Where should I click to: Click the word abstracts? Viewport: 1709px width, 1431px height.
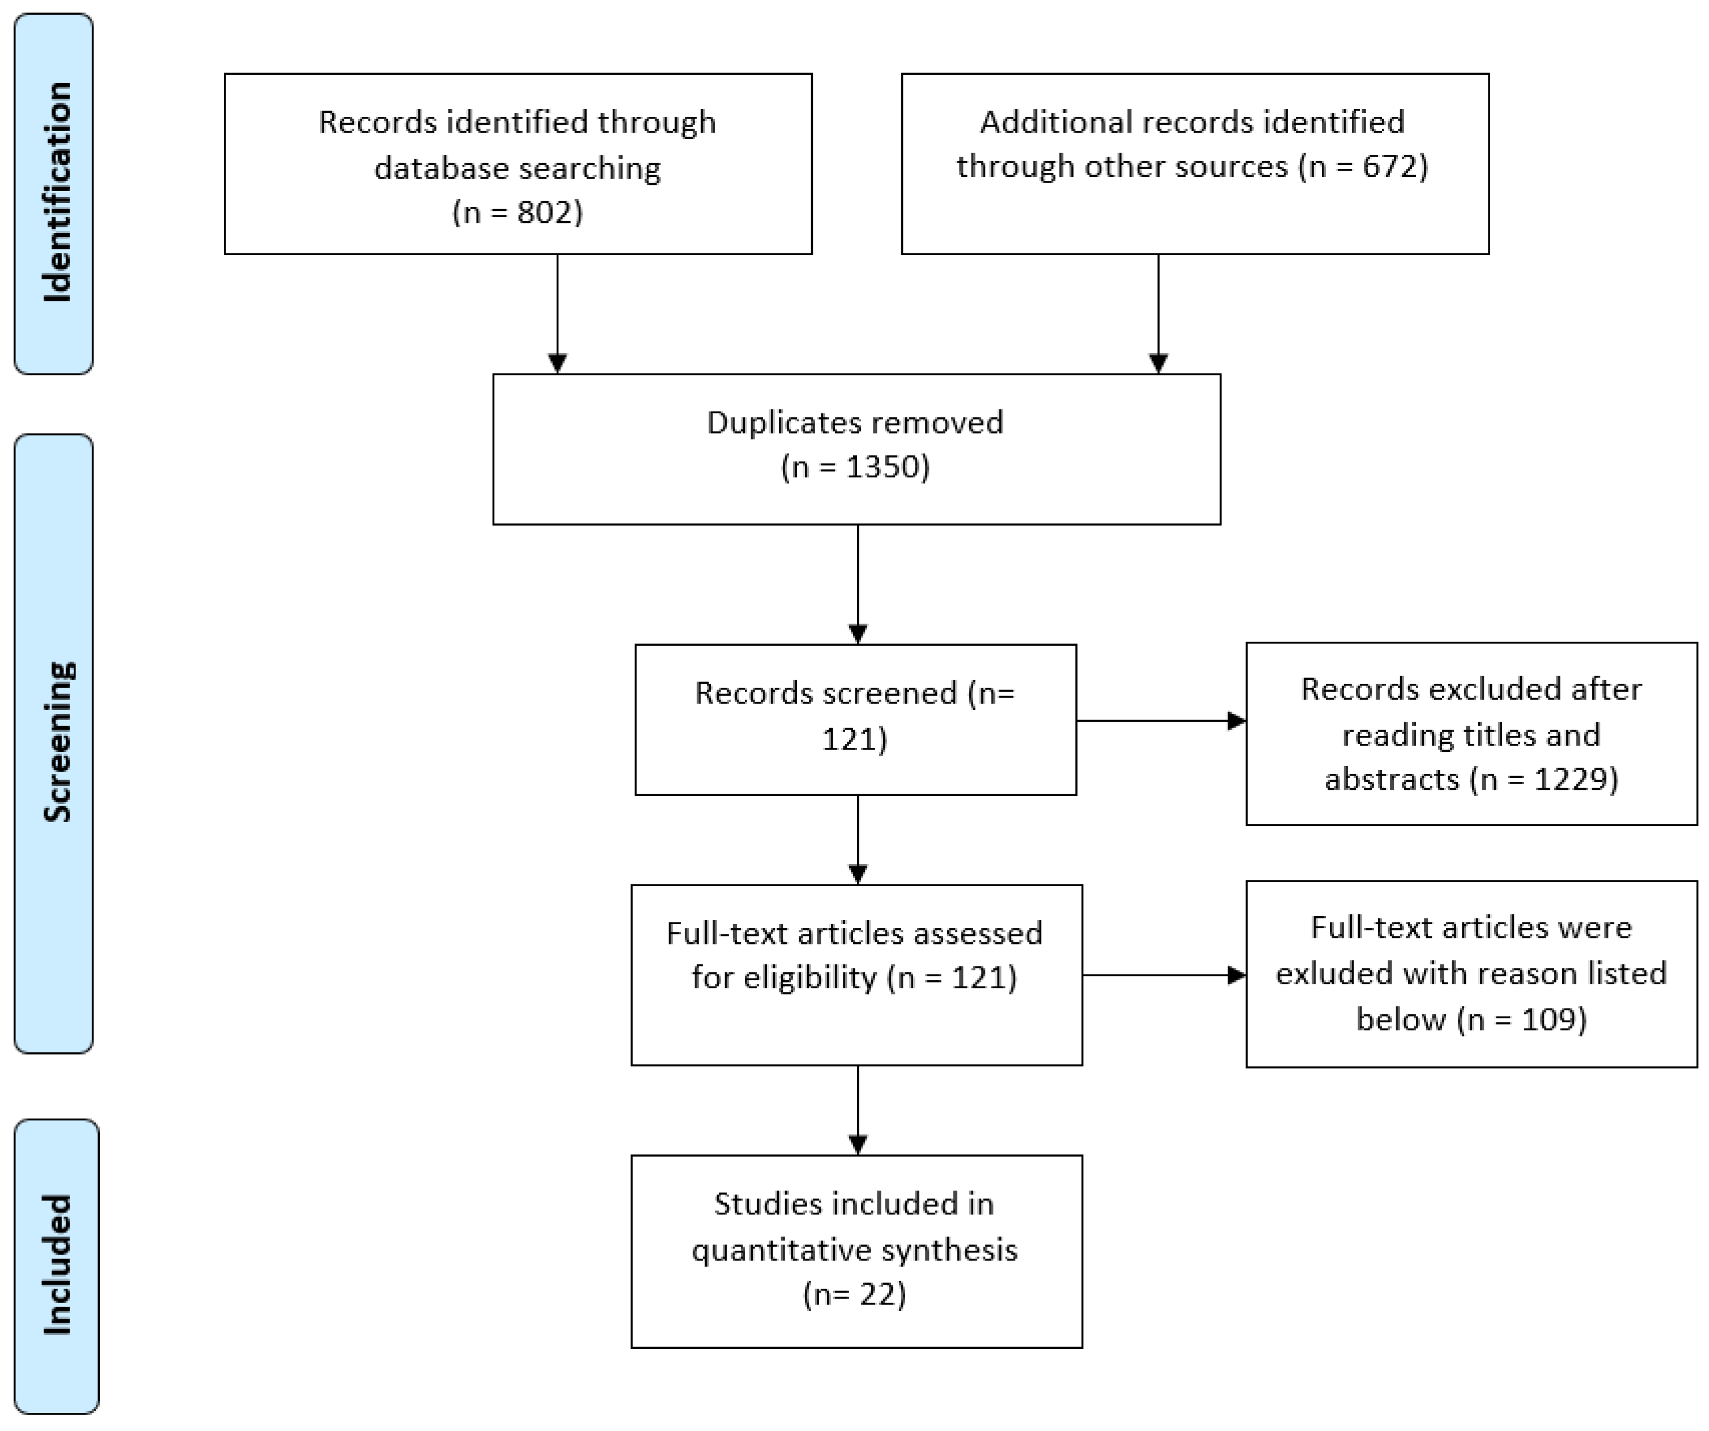click(x=1392, y=780)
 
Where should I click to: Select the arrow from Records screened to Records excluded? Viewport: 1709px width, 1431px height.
click(x=1160, y=721)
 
